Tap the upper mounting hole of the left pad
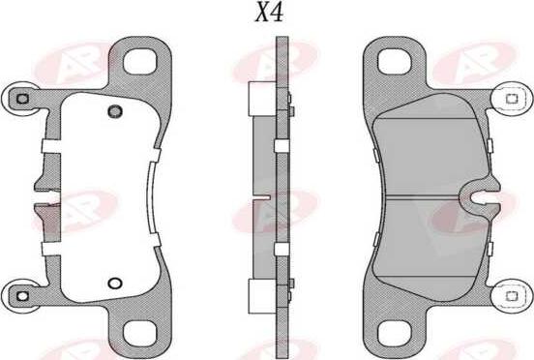pyautogui.click(x=145, y=60)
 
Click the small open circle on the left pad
pyautogui.click(x=113, y=285)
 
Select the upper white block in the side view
pyautogui.click(x=261, y=98)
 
